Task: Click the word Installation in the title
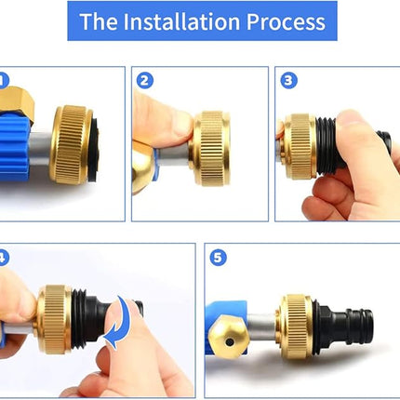click(181, 21)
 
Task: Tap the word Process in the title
click(286, 21)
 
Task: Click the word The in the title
click(99, 21)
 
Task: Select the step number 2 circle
click(145, 81)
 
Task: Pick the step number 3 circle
click(288, 81)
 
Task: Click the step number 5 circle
click(218, 258)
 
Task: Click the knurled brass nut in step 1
click(71, 145)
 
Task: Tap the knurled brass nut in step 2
click(211, 149)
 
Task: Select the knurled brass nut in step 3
click(299, 146)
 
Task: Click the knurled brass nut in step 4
click(55, 319)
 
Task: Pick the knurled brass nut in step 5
click(295, 327)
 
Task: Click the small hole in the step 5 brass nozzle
click(230, 342)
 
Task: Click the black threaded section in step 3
click(326, 146)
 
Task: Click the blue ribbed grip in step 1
click(15, 147)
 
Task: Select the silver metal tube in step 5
click(262, 327)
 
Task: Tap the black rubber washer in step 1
click(93, 146)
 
